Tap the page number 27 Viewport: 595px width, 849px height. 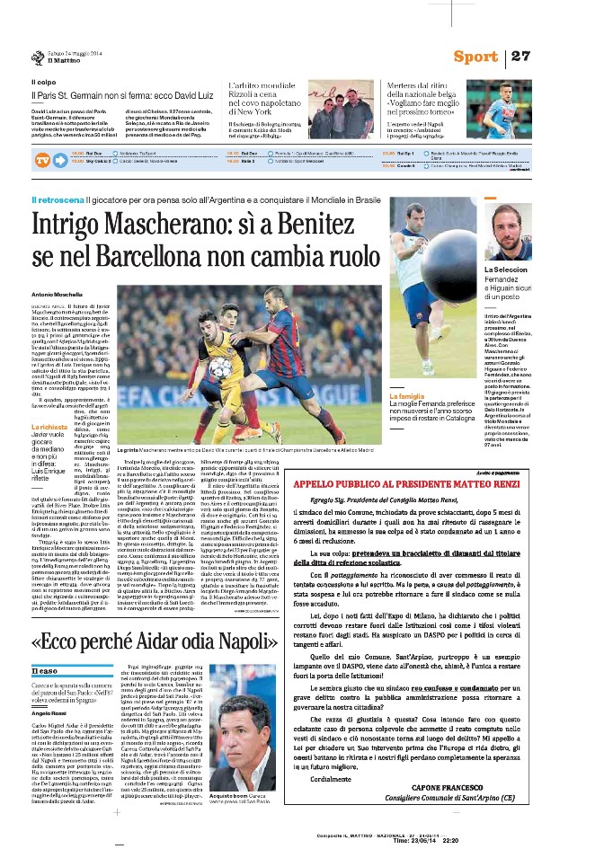click(520, 57)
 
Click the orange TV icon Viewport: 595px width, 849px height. click(42, 161)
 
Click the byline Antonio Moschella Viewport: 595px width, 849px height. click(56, 296)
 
